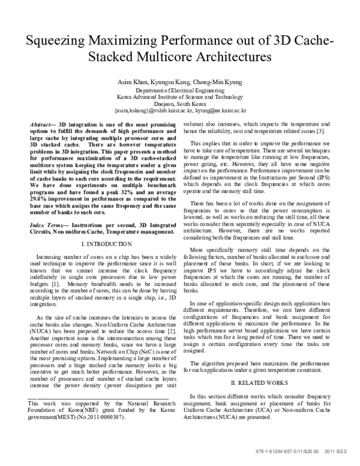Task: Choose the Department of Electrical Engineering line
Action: [x=179, y=89]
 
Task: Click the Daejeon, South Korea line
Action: [x=179, y=103]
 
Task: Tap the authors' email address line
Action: [x=179, y=110]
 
